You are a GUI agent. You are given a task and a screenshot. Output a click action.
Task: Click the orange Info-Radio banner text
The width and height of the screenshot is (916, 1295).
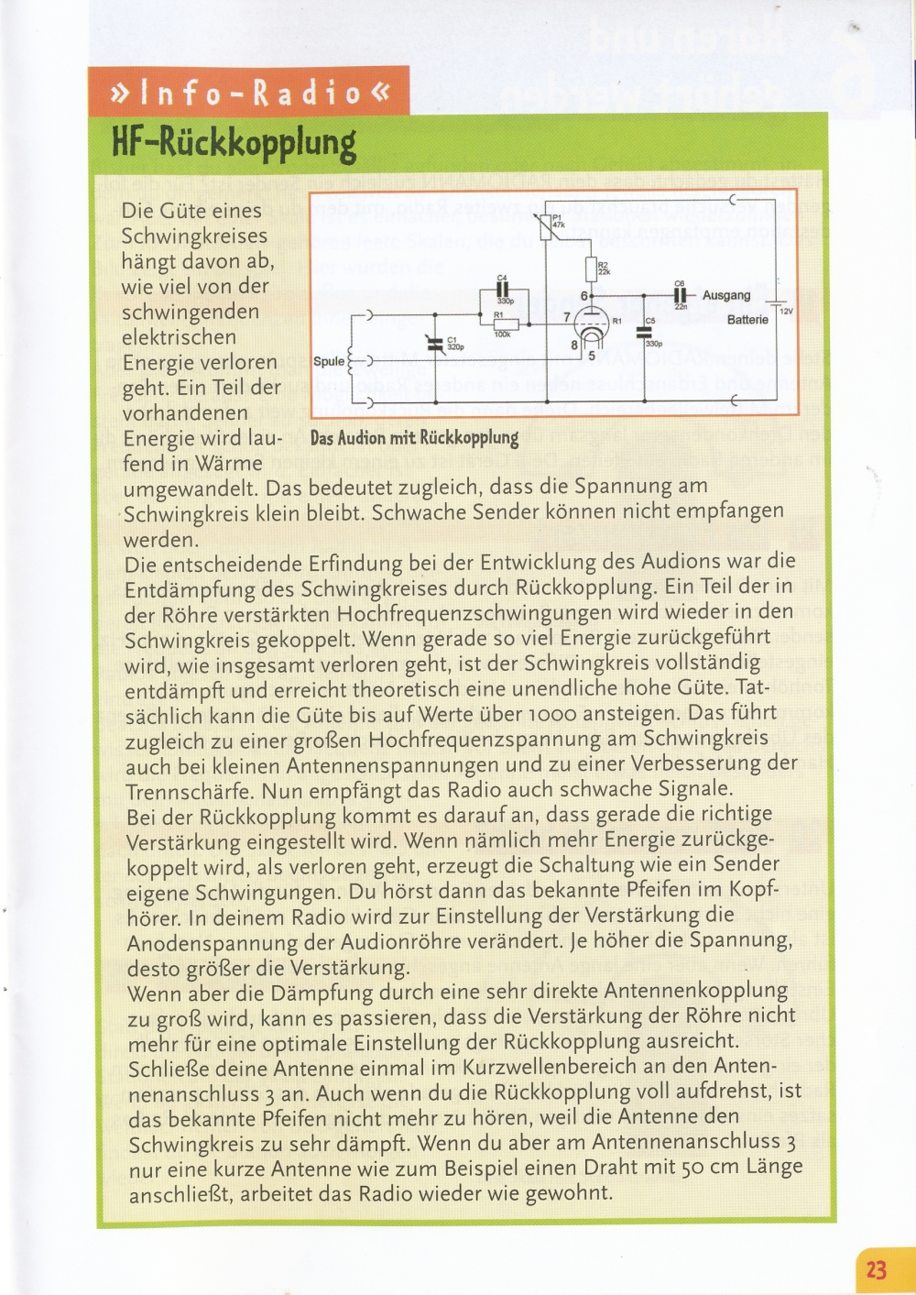248,93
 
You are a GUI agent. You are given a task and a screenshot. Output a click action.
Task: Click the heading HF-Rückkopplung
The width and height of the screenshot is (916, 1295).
233,143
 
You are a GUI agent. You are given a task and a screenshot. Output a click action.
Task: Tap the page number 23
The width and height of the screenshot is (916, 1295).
876,1269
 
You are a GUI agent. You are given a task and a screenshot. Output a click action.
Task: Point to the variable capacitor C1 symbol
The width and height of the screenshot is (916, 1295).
436,343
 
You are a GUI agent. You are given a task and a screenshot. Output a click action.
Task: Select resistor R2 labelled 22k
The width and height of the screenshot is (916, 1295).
591,269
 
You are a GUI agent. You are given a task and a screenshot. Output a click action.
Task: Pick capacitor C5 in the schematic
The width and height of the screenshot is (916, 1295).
644,333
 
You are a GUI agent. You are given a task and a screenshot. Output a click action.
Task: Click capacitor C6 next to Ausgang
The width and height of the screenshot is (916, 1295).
680,295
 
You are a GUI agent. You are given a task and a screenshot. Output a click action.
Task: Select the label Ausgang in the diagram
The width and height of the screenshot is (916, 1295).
726,295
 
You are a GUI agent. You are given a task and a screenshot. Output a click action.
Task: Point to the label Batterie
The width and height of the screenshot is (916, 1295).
747,320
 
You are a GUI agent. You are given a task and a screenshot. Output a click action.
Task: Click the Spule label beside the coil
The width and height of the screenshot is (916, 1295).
329,361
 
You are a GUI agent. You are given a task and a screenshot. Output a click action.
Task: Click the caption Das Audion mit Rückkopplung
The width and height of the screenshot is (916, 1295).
414,438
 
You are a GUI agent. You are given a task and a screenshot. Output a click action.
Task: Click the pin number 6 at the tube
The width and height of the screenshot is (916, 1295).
583,296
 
